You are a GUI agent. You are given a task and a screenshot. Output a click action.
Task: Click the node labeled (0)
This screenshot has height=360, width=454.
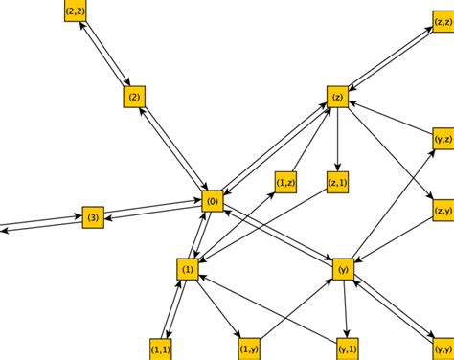pyautogui.click(x=213, y=201)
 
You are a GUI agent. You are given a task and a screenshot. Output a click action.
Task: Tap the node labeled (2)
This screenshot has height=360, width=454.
pyautogui.click(x=134, y=97)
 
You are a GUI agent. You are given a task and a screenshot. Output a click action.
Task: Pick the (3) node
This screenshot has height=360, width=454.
pyautogui.click(x=92, y=217)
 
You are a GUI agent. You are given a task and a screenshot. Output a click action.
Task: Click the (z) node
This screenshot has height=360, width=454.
pyautogui.click(x=337, y=97)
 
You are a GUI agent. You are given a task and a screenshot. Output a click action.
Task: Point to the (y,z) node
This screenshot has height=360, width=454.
pyautogui.click(x=443, y=140)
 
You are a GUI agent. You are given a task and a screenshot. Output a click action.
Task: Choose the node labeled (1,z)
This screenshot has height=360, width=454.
pyautogui.click(x=285, y=182)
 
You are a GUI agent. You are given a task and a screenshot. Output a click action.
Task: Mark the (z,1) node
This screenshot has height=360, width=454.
pyautogui.click(x=337, y=182)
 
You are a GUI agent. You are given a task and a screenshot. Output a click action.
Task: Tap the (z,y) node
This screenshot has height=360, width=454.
pyautogui.click(x=443, y=211)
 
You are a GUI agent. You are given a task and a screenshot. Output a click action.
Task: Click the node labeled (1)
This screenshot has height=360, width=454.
pyautogui.click(x=188, y=270)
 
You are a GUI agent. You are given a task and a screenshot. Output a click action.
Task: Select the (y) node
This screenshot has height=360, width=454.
pyautogui.click(x=343, y=270)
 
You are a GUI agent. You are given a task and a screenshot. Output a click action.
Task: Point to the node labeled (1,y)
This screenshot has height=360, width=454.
pyautogui.click(x=248, y=349)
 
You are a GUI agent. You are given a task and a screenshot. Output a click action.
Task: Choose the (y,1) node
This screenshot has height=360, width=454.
pyautogui.click(x=348, y=349)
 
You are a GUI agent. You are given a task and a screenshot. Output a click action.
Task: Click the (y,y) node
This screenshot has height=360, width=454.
pyautogui.click(x=443, y=350)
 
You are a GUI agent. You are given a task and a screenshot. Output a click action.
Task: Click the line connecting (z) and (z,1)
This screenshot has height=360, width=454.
pyautogui.click(x=337, y=139)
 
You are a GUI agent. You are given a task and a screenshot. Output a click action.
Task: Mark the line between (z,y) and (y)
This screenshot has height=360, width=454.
pyautogui.click(x=393, y=240)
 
